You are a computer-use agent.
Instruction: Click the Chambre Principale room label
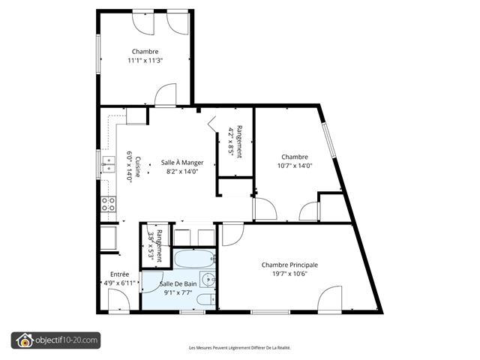[x=289, y=265]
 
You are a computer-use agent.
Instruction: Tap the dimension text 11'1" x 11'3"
[x=145, y=61]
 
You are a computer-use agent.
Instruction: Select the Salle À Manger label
[x=182, y=163]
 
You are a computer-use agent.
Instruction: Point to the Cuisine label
[x=138, y=166]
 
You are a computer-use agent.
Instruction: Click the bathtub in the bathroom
[x=194, y=259]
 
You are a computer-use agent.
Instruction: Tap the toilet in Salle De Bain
[x=206, y=299]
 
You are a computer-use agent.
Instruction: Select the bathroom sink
[x=208, y=280]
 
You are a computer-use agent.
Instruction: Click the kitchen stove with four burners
[x=108, y=204]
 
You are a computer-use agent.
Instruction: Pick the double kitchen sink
[x=108, y=164]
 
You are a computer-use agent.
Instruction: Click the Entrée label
[x=119, y=274]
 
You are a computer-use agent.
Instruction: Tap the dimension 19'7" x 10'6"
[x=289, y=274]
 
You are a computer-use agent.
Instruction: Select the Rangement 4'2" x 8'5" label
[x=235, y=142]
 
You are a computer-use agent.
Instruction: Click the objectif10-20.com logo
[x=55, y=340]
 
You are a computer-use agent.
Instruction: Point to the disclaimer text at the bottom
[x=240, y=348]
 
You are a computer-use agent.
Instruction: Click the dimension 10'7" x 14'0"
[x=295, y=166]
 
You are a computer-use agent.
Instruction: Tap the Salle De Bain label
[x=178, y=284]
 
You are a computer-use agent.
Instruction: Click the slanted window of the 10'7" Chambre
[x=329, y=140]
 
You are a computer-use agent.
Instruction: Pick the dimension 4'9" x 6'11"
[x=119, y=283]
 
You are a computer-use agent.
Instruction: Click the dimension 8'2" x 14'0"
[x=182, y=172]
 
